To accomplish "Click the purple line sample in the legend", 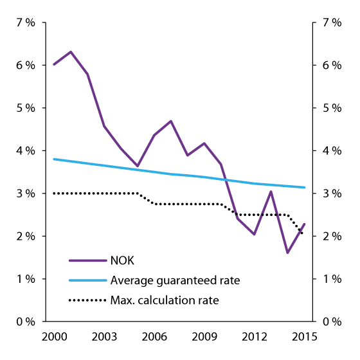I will [x=87, y=260].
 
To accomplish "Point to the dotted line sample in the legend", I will [x=87, y=300].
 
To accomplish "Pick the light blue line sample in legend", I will [x=87, y=280].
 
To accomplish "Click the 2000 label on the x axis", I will [x=54, y=337].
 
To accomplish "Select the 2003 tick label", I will [x=104, y=337].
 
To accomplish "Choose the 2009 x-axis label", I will [x=204, y=337].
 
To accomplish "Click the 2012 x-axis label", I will [x=254, y=337].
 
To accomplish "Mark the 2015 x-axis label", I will [x=303, y=337].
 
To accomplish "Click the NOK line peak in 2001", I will [x=71, y=51].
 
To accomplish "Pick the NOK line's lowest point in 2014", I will [x=287, y=253].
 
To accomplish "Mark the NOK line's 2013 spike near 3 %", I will [x=271, y=192].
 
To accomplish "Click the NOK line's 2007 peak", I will [x=170, y=121].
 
